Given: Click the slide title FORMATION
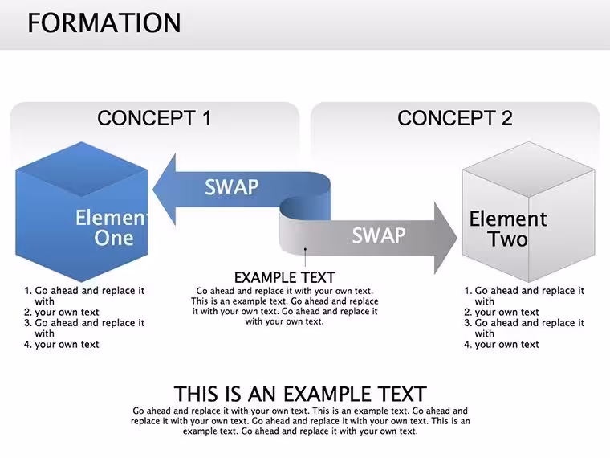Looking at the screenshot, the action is click(x=104, y=22).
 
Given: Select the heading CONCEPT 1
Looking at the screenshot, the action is click(x=154, y=118).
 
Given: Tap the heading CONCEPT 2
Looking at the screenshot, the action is click(x=455, y=118).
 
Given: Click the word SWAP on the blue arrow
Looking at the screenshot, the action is click(x=231, y=187).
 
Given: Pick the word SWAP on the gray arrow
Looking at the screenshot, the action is click(x=379, y=235).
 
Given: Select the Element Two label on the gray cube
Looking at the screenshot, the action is click(x=508, y=229).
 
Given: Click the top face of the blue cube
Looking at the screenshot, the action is click(x=82, y=169).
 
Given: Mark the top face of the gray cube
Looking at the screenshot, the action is click(x=528, y=169).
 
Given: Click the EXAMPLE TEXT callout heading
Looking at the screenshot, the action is click(x=285, y=278).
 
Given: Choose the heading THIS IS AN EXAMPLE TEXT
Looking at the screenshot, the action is click(x=300, y=394).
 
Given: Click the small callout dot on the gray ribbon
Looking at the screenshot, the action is click(x=305, y=249).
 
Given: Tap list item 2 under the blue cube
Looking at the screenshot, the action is click(x=62, y=313).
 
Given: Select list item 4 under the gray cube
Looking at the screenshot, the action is click(x=502, y=344).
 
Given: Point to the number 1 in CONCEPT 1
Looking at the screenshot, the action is click(x=205, y=118).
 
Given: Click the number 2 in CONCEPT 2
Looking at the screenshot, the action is click(x=506, y=118).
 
